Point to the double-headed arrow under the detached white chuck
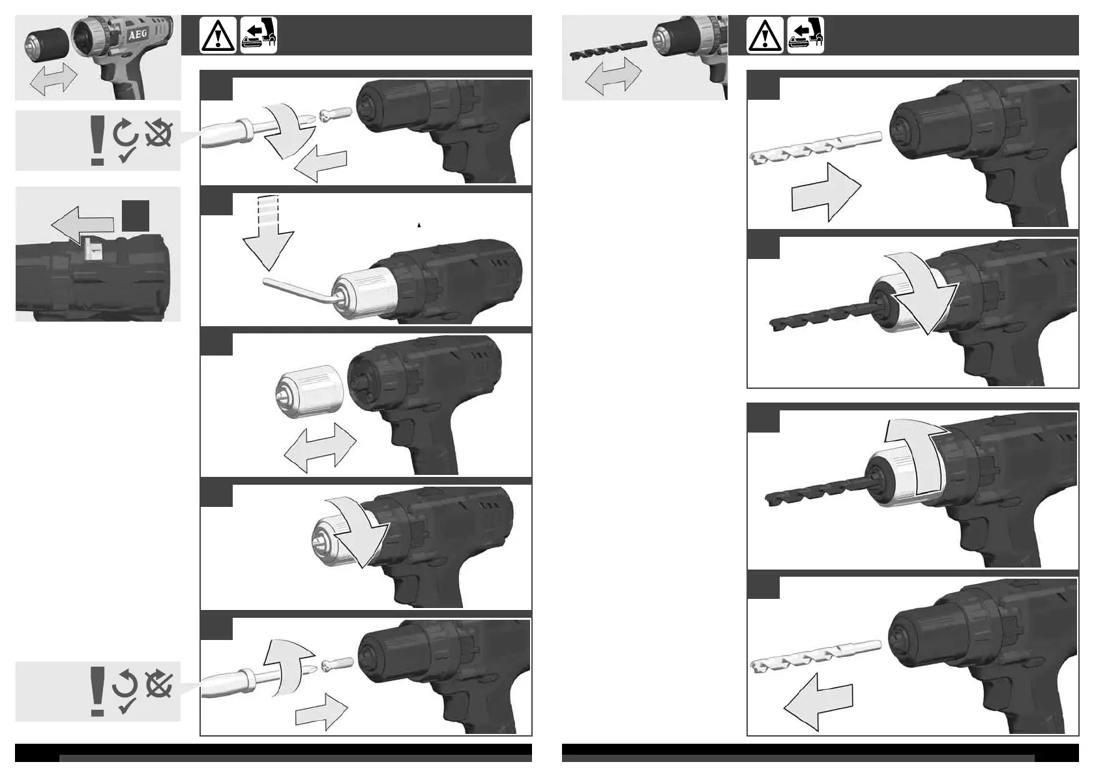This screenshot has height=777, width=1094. click(320, 447)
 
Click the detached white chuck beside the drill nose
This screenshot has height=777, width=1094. click(310, 394)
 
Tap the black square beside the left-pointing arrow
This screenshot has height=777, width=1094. click(136, 216)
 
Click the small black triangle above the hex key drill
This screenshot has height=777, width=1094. click(419, 225)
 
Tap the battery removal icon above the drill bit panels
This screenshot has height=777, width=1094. click(806, 35)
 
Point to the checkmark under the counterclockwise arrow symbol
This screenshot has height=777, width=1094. click(127, 705)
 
